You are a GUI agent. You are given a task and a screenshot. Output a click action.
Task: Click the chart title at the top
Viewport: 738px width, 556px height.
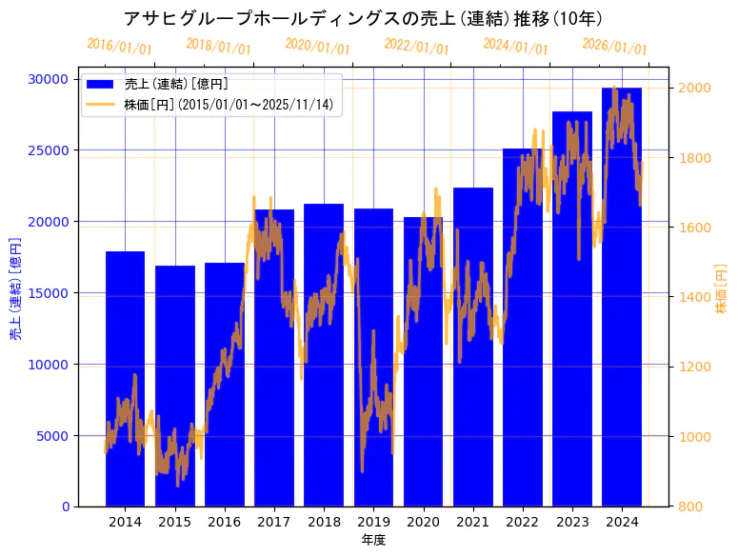click(x=369, y=18)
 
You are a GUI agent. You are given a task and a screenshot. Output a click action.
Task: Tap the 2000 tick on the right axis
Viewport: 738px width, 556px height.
click(x=694, y=89)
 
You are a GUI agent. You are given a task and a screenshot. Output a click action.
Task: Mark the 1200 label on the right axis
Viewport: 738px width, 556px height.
click(x=694, y=367)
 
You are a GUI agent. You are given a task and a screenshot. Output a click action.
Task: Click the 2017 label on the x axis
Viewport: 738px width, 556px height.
click(x=274, y=522)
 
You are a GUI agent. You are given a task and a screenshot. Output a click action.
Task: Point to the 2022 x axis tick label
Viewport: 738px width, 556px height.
click(x=523, y=522)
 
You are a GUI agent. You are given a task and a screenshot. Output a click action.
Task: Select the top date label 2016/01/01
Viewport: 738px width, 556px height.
click(x=119, y=47)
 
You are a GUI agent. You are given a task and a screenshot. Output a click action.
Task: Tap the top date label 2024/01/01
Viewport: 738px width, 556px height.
click(x=515, y=46)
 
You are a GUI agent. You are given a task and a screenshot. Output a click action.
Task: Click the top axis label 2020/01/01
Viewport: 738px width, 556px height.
click(x=317, y=46)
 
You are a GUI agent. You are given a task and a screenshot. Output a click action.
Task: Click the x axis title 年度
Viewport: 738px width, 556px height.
click(x=373, y=540)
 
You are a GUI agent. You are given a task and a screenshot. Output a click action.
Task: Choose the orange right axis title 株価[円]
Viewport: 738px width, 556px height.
click(x=721, y=289)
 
